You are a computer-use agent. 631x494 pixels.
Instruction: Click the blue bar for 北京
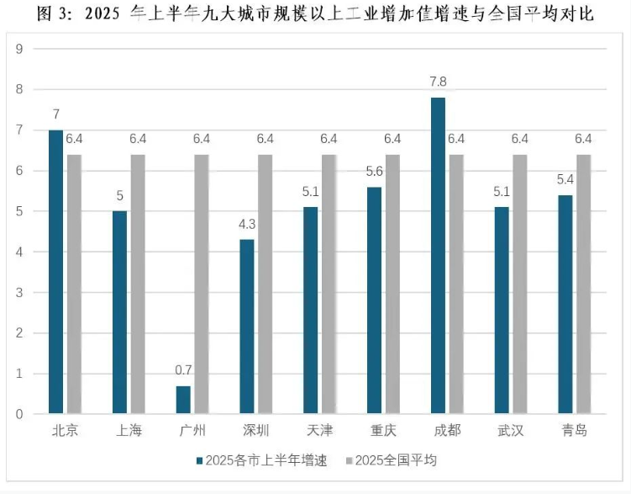55,272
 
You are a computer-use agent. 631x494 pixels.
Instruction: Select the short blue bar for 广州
183,400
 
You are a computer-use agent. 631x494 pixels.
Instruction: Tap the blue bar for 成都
438,256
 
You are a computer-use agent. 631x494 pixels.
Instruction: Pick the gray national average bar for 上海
138,284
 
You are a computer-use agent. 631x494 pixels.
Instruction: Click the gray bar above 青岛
583,284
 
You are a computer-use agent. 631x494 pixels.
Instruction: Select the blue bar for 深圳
247,327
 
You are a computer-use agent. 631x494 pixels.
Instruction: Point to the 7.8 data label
438,83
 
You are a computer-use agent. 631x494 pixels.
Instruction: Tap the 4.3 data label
247,225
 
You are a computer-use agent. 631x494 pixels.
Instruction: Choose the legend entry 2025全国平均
395,461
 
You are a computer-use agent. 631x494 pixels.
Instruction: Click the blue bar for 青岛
565,305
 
